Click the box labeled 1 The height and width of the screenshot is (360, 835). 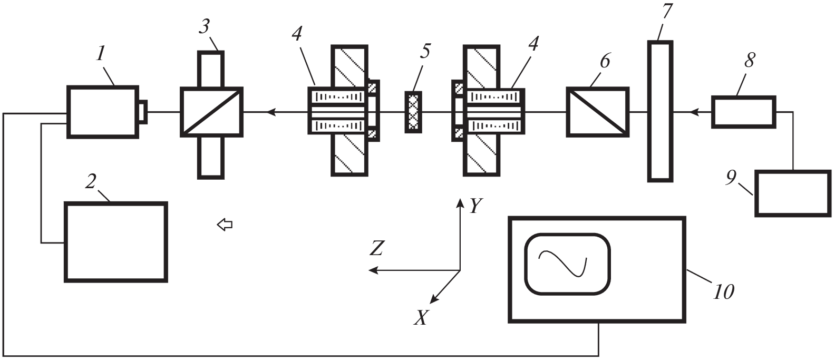(103, 112)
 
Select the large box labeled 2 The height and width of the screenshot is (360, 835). (115, 242)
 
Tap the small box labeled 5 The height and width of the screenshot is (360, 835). (414, 112)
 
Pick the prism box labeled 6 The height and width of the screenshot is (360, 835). (598, 112)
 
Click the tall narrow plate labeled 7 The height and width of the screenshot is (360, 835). (660, 112)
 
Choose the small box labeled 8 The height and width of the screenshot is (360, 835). (744, 112)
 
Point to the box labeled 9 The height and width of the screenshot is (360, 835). (792, 193)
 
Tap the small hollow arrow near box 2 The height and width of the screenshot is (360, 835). (225, 225)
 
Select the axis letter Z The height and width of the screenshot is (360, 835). (376, 248)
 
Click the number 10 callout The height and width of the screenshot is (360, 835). (723, 291)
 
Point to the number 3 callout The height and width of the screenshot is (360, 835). (204, 26)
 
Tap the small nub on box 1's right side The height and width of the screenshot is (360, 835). (142, 112)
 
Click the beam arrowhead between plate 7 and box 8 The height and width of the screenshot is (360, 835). (695, 112)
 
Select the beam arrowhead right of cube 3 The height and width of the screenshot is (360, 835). (271, 112)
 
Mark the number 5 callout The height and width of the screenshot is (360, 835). (425, 51)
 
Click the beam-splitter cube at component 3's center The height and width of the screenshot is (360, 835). (211, 112)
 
